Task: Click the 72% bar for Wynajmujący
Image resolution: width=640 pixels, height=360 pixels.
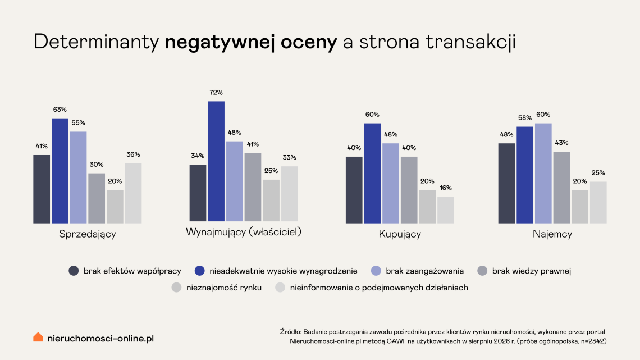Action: pos(216,161)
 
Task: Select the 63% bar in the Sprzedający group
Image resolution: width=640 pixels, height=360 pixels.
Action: pos(60,171)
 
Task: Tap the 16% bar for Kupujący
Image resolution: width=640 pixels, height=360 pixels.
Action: pos(446,210)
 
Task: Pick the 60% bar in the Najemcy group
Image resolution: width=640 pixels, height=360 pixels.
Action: pos(543,173)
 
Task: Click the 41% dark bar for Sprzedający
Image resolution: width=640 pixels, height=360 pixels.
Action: pos(42,189)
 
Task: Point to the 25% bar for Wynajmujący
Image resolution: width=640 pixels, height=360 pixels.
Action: pos(271,200)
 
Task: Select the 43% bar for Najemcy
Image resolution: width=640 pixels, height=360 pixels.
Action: pos(561,188)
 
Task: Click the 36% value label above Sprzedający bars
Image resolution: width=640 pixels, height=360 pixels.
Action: pos(133,154)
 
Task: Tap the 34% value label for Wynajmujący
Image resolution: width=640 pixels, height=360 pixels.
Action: pos(198,156)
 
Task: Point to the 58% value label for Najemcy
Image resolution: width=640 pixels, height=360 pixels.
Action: pos(525,117)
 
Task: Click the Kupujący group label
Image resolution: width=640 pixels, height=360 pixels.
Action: pos(400,234)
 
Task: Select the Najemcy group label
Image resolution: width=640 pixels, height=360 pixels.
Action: pos(552,234)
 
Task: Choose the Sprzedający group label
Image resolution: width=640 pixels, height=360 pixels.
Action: pos(88,234)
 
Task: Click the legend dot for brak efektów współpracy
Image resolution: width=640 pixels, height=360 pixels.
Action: pos(74,271)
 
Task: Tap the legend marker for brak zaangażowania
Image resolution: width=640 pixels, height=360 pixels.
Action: pos(376,271)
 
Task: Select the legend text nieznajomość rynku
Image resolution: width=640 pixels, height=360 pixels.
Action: pos(224,288)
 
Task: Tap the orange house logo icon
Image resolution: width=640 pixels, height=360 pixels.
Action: pos(38,337)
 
